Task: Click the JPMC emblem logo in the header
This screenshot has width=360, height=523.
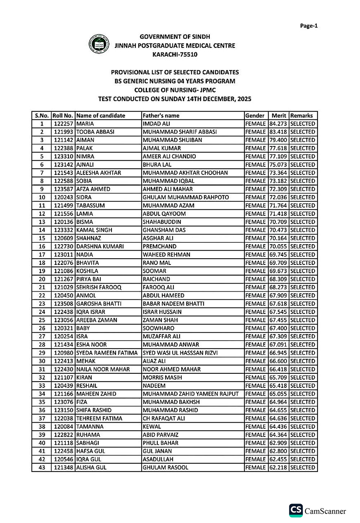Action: coord(99,44)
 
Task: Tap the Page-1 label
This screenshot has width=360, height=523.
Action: coord(309,26)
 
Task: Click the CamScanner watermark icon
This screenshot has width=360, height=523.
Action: coord(296,510)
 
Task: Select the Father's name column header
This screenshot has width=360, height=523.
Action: coord(161,115)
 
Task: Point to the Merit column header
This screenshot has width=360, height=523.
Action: coord(279,115)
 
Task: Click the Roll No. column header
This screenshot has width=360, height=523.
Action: coord(63,115)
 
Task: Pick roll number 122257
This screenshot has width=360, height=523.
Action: coord(64,124)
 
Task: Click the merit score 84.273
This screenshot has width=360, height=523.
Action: coord(278,124)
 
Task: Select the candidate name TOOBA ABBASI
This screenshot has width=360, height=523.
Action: coord(95,132)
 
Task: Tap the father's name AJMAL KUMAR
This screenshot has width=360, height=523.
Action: coord(162,148)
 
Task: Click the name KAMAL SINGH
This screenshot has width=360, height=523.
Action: coord(94,230)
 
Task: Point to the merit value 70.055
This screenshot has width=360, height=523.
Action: coord(278,246)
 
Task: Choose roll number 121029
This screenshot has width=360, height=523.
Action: coord(64,287)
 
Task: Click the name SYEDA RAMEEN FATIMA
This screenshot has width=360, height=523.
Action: coord(107,353)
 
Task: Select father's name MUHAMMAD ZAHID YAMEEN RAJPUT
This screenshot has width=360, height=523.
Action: coord(191,394)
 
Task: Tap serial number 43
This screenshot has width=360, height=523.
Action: coord(42,468)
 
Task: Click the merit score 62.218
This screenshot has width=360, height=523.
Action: coord(278,468)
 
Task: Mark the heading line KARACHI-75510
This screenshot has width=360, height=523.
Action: coord(175,55)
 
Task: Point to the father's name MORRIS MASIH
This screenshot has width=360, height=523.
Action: coord(162,377)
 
